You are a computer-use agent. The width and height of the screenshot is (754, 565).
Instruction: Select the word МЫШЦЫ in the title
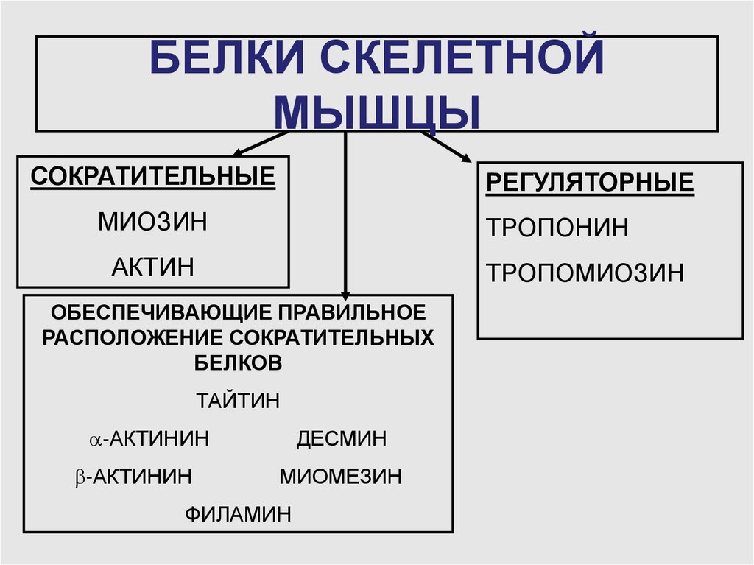[x=377, y=113]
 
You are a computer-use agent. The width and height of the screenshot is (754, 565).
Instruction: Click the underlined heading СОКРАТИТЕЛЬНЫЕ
[x=153, y=178]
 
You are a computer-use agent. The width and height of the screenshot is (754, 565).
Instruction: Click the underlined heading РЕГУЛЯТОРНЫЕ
[x=589, y=183]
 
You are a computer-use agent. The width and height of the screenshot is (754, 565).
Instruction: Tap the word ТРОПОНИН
[x=557, y=228]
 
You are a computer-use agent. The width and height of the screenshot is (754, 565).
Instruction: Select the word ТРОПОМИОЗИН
[x=585, y=273]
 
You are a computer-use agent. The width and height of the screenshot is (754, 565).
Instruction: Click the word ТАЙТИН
[x=238, y=401]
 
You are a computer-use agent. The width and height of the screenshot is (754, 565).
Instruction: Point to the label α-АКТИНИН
[x=149, y=439]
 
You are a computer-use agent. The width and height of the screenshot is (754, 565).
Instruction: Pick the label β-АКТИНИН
[x=134, y=476]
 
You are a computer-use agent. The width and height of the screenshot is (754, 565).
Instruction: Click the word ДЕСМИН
[x=341, y=439]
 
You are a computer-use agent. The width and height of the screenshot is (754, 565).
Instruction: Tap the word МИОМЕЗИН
[x=340, y=476]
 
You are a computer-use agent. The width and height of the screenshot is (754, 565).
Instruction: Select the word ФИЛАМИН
[x=238, y=513]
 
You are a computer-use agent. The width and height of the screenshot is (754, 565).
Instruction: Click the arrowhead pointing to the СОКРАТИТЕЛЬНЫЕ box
[x=238, y=152]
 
